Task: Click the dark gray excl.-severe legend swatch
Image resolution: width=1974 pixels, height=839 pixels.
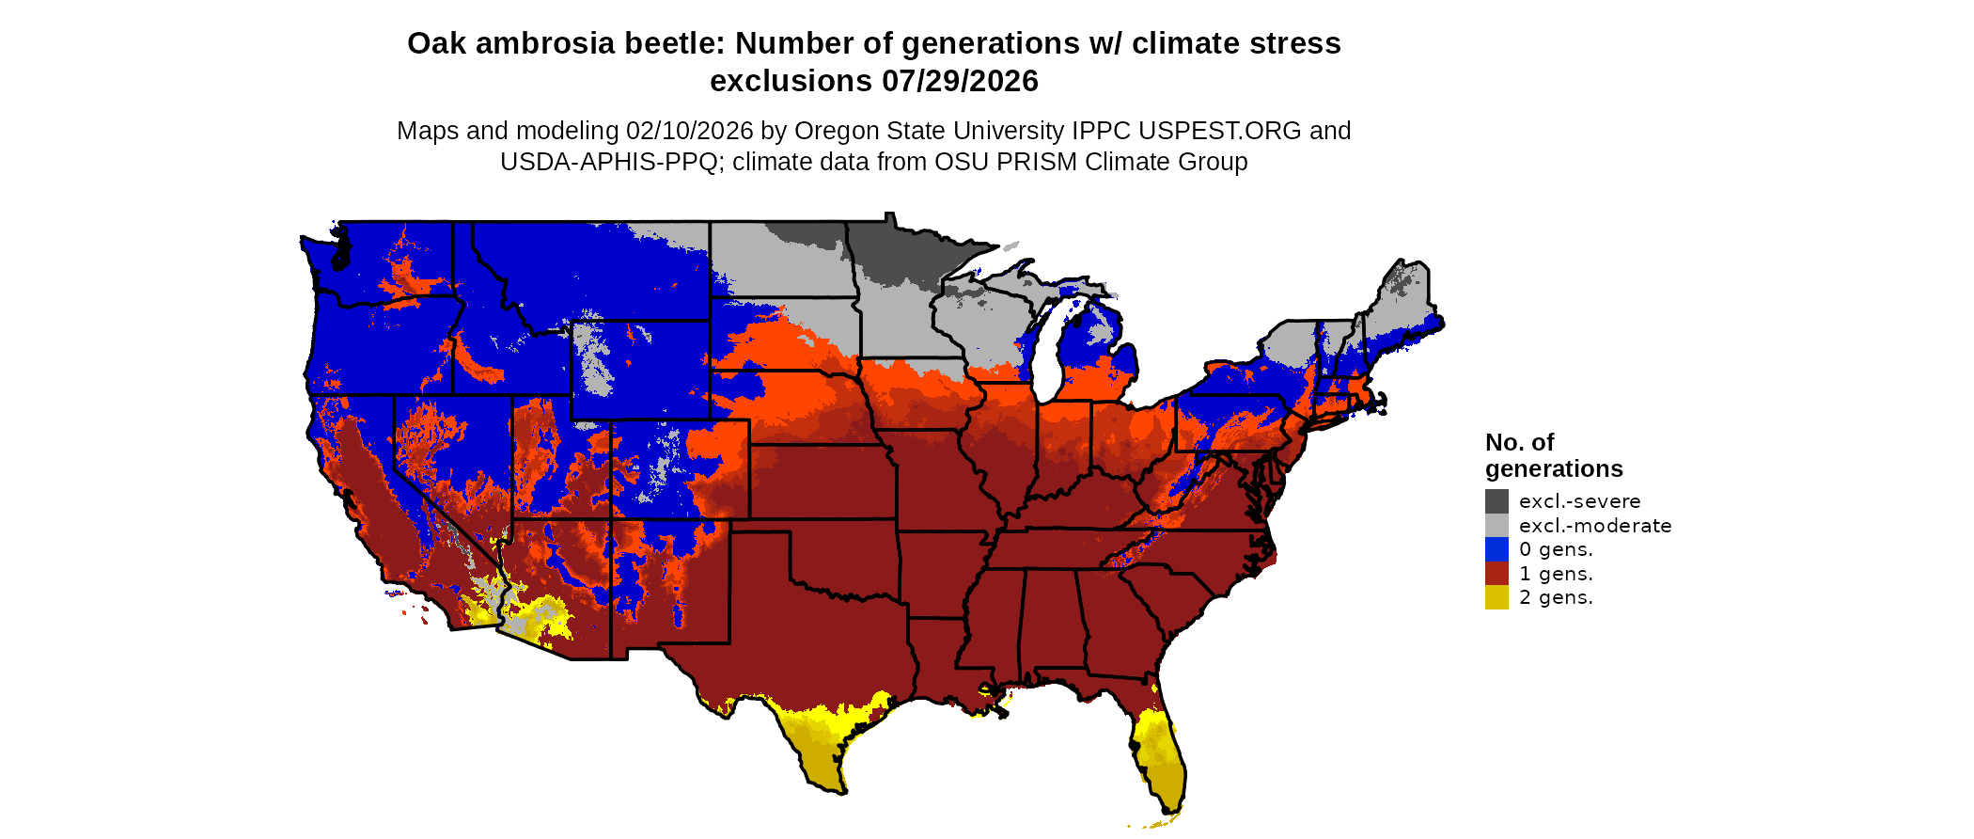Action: coord(1496,501)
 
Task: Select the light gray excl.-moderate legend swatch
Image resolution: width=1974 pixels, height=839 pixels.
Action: coord(1496,525)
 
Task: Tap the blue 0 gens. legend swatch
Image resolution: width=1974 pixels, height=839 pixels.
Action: coord(1496,549)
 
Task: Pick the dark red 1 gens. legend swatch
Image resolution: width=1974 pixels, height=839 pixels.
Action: coord(1496,574)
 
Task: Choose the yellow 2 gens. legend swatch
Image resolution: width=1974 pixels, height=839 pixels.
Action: coord(1496,597)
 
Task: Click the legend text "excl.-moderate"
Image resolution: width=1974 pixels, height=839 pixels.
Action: coord(1595,526)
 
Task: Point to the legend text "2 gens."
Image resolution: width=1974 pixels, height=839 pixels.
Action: coord(1556,597)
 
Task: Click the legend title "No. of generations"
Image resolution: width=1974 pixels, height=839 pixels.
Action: coord(1553,455)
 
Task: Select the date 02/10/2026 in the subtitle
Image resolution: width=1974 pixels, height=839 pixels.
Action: coord(690,131)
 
